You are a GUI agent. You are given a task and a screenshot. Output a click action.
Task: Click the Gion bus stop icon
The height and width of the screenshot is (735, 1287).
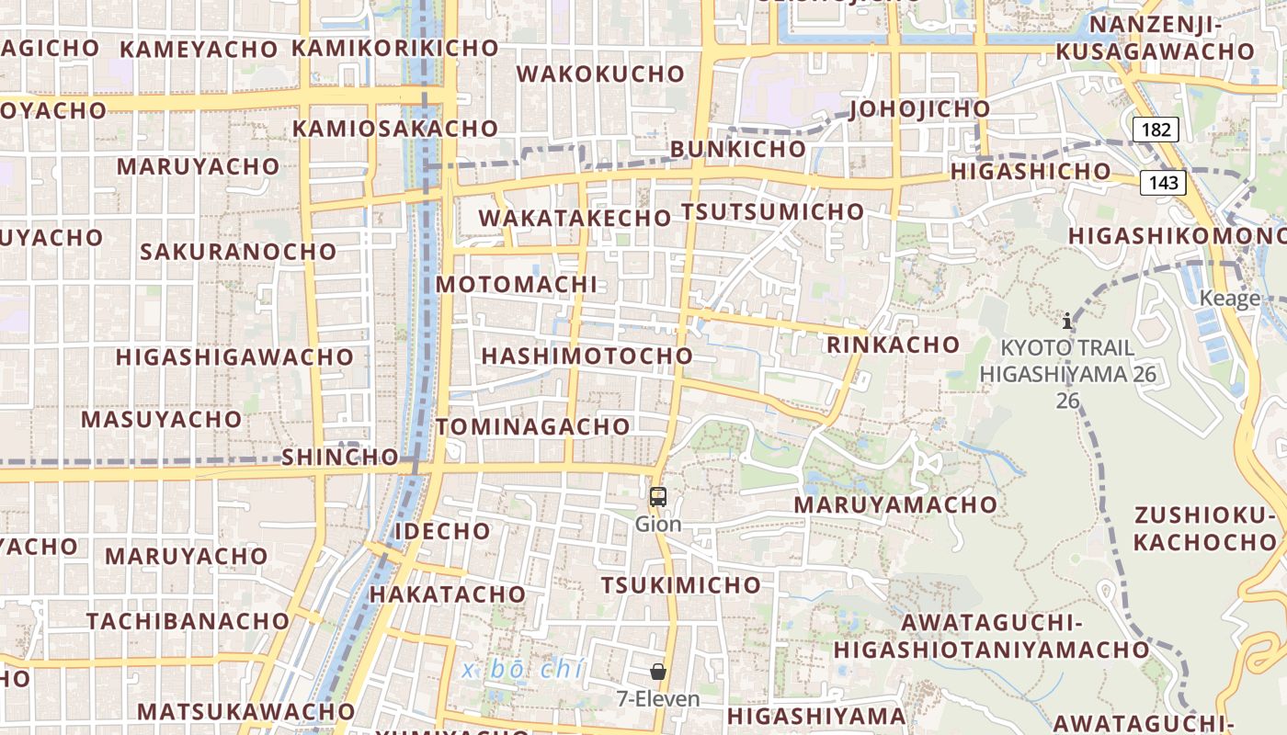[658, 497]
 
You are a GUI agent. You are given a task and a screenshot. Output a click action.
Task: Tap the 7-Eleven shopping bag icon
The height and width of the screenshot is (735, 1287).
[658, 672]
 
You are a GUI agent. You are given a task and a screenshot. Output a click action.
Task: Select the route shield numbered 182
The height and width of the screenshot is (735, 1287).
[1156, 130]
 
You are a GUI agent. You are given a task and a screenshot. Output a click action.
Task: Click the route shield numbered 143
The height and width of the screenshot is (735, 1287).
[1163, 182]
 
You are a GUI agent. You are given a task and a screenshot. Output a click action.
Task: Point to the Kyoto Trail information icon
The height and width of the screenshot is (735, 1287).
[1067, 321]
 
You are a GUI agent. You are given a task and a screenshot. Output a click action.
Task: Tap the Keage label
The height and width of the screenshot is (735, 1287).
[1229, 299]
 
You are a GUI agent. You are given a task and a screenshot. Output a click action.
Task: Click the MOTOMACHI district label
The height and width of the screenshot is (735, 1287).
[516, 284]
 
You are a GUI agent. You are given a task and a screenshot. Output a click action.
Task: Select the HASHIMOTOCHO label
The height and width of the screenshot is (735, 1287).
[587, 356]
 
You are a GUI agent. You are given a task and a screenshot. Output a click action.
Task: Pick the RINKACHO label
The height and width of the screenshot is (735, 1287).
[893, 345]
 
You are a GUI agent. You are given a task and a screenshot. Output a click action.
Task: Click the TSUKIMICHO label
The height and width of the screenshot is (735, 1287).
[681, 585]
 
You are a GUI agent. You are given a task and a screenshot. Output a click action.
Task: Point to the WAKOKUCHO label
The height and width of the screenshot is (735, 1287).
[601, 73]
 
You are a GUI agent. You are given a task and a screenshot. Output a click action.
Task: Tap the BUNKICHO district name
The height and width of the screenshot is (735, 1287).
[737, 149]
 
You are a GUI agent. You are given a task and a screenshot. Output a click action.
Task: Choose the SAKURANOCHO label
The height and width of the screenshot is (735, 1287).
[238, 251]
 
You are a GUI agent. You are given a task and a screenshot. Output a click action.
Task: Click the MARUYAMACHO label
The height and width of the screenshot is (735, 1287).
[895, 504]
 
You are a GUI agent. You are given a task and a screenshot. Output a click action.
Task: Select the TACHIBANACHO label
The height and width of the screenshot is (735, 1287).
[188, 621]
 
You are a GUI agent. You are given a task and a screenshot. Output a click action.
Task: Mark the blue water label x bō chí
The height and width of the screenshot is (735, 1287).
[522, 670]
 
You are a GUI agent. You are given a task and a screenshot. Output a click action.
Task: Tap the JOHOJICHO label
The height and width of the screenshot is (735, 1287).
[920, 109]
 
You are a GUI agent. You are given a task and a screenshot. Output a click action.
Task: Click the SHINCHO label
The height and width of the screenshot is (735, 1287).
[340, 457]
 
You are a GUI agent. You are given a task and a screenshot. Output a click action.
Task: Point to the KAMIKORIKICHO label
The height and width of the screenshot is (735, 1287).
[394, 48]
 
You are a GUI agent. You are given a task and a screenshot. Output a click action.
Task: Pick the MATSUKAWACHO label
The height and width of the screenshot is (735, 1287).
[245, 711]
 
